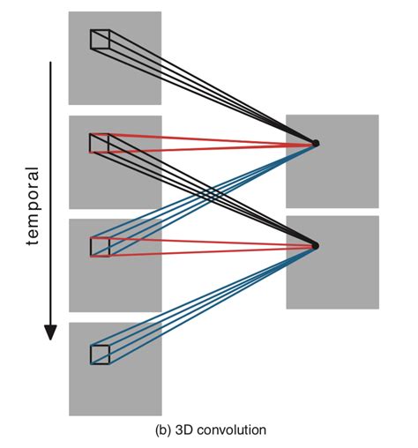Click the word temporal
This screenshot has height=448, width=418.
point(33,205)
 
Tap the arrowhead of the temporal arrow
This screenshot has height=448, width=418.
point(50,332)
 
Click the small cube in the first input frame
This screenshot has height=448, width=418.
point(100,40)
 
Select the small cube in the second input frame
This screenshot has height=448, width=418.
point(100,143)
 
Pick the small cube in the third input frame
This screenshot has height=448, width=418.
point(100,247)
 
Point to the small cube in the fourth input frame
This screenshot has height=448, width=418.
point(100,355)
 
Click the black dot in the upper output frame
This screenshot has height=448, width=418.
point(316,143)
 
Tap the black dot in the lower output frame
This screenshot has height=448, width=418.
point(316,245)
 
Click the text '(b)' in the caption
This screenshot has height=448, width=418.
point(162,430)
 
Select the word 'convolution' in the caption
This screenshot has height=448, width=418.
point(232,430)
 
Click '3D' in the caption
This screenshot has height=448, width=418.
point(184,430)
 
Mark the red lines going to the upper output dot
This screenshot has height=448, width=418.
point(203,144)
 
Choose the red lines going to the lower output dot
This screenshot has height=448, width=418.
point(203,246)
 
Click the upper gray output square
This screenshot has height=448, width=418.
point(332,161)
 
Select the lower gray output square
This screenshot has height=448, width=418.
point(332,262)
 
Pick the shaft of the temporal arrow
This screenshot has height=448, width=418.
point(50,194)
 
